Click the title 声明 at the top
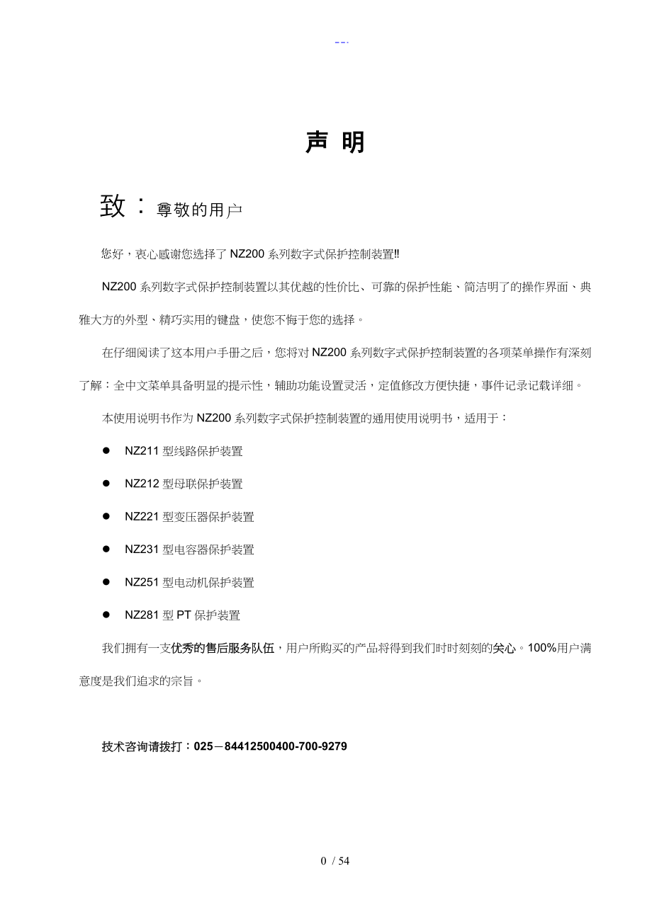pos(335,142)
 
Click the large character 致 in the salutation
pos(113,206)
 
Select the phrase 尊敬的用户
pos(199,210)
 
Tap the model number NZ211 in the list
pos(142,451)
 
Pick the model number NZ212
pos(142,484)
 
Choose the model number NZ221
pos(142,517)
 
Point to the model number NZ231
pos(142,550)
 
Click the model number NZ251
pos(142,583)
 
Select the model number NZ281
pos(142,615)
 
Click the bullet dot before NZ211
pos(106,450)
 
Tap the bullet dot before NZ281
pos(106,615)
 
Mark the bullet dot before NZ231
pos(106,549)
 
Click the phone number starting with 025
pos(270,746)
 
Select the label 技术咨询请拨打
pos(146,746)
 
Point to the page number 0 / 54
pos(335,861)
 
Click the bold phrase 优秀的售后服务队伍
pos(223,648)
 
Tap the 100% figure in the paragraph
pos(543,648)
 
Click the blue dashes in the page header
pos(342,42)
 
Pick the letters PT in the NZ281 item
pos(184,615)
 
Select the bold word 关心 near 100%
pos(504,648)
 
